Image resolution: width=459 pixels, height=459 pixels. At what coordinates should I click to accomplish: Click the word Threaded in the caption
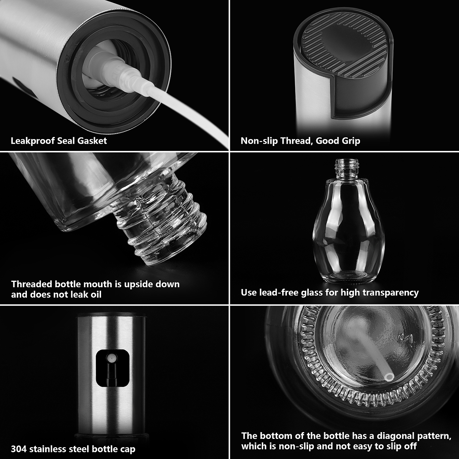click(x=32, y=284)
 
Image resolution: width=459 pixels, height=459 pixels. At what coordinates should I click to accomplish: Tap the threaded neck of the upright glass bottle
click(x=347, y=167)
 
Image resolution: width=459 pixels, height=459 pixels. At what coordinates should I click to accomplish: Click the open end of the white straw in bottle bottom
click(x=389, y=376)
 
